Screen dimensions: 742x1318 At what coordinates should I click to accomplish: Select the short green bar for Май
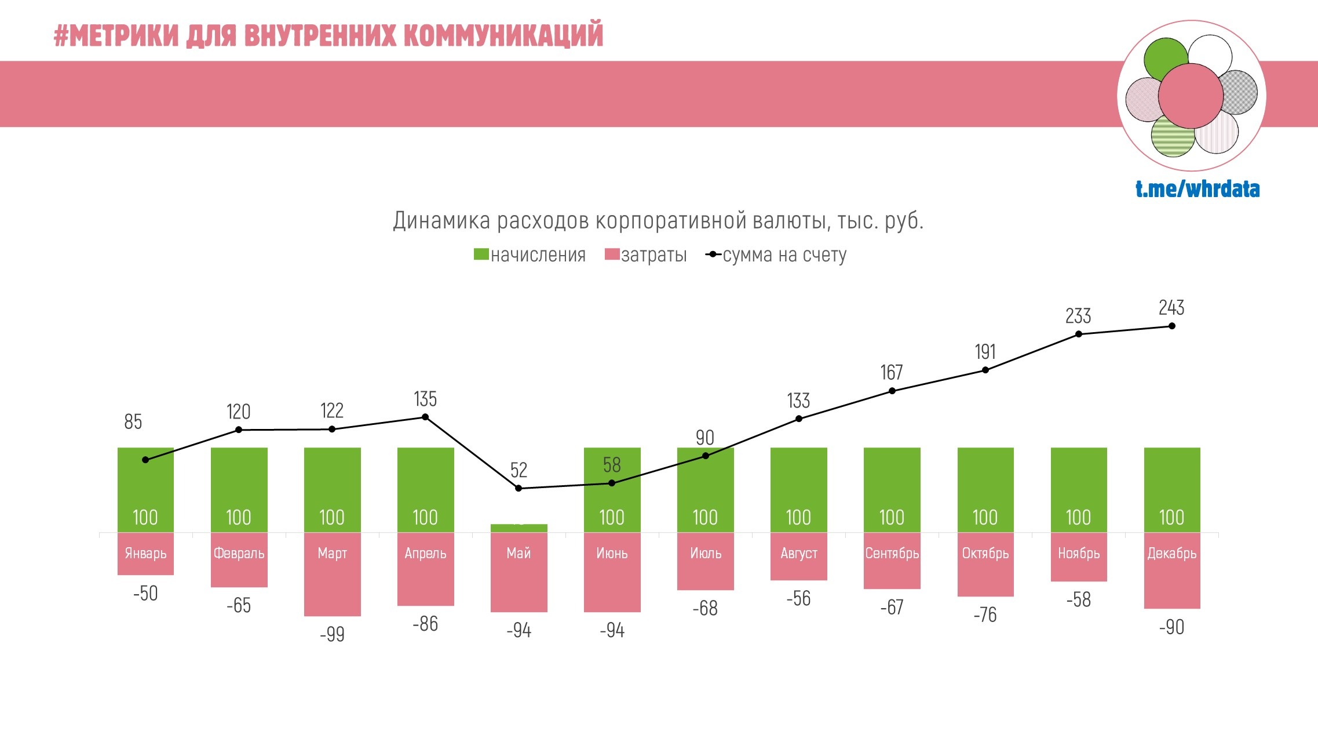pyautogui.click(x=519, y=528)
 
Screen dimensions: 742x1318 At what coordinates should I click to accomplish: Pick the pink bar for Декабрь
pyautogui.click(x=1171, y=585)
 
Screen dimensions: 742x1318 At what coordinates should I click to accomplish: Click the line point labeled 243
pyautogui.click(x=1171, y=326)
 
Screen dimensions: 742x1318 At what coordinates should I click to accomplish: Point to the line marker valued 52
pyautogui.click(x=519, y=488)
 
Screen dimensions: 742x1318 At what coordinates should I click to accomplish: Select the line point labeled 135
pyautogui.click(x=425, y=417)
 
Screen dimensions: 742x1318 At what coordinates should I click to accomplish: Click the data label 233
pyautogui.click(x=1078, y=316)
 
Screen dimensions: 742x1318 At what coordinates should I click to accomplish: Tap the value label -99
pyautogui.click(x=332, y=634)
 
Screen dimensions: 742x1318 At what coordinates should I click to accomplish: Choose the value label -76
pyautogui.click(x=985, y=614)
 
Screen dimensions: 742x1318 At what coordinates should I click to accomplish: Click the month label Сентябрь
pyautogui.click(x=892, y=554)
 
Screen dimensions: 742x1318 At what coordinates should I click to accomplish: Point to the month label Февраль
pyautogui.click(x=239, y=554)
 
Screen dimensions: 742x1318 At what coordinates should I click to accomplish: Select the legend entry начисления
pyautogui.click(x=530, y=255)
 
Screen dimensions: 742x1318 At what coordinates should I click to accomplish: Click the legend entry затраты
pyautogui.click(x=645, y=255)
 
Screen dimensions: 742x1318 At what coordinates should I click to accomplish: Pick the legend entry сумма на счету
pyautogui.click(x=776, y=255)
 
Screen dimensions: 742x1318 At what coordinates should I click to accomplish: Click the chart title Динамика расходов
pyautogui.click(x=658, y=221)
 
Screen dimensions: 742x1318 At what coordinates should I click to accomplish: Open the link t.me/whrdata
pyautogui.click(x=1197, y=189)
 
